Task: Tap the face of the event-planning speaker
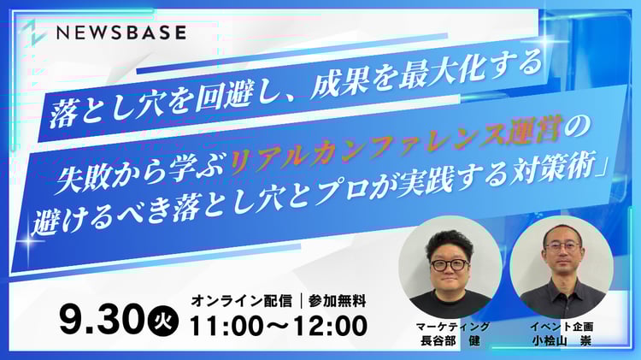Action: pyautogui.click(x=559, y=257)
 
